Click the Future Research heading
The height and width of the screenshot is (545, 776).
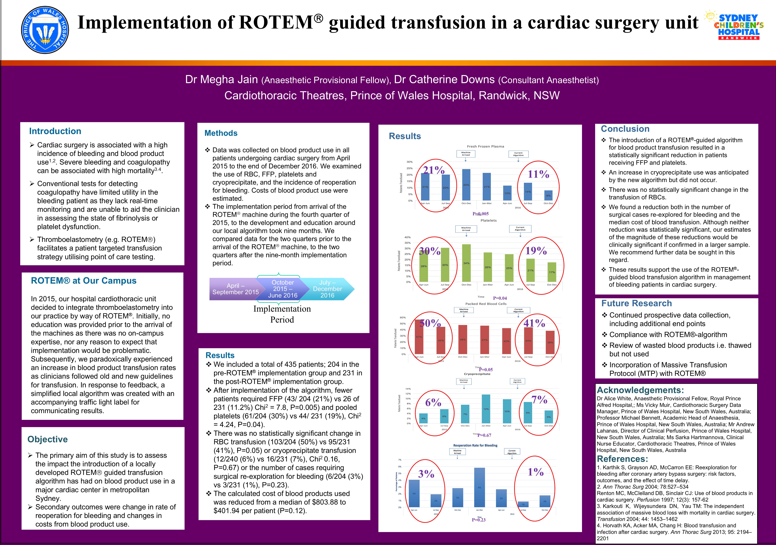[x=636, y=303]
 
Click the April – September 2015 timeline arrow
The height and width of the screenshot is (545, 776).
[x=235, y=289]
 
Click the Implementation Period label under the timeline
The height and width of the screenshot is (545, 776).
[x=282, y=314]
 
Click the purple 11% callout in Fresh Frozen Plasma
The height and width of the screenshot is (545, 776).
[x=538, y=174]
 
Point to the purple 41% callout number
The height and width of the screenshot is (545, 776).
[x=534, y=323]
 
